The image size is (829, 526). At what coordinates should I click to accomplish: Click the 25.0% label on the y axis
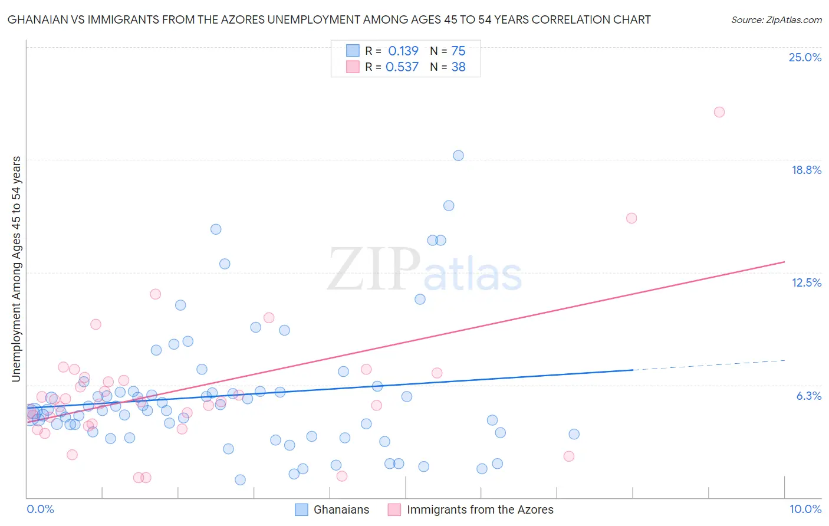point(805,57)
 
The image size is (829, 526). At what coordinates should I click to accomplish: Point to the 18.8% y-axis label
point(806,170)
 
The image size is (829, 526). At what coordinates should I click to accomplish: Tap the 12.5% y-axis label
point(806,282)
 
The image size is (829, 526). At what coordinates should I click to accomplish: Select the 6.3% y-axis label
point(808,396)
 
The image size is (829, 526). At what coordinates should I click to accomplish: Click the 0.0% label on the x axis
point(40,509)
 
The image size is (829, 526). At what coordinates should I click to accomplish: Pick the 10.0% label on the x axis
point(805,509)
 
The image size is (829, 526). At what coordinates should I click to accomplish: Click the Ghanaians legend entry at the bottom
point(341,509)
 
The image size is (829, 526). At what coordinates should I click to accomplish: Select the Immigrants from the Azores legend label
point(480,509)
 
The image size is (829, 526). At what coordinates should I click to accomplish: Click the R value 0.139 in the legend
point(403,51)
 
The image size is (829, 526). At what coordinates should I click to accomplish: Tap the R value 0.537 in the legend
point(402,67)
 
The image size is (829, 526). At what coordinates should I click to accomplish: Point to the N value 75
point(458,51)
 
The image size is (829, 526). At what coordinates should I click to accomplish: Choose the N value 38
point(458,67)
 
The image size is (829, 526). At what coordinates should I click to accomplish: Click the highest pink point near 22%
point(719,112)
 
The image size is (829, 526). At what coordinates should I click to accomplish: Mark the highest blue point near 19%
point(458,156)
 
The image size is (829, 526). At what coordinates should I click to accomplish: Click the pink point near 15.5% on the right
point(631,218)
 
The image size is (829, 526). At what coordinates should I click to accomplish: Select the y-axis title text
point(16,269)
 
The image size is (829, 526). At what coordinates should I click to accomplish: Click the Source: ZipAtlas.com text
point(776,20)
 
